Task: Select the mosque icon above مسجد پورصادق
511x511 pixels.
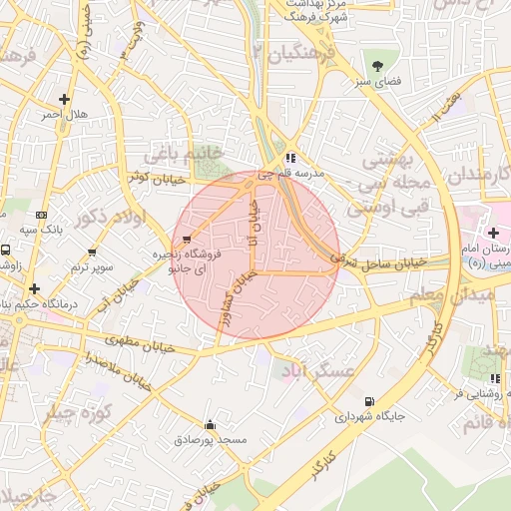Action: (210, 423)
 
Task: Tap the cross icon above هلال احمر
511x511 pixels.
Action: (65, 99)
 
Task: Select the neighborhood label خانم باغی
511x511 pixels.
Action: (180, 155)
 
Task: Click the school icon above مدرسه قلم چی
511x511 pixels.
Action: (289, 158)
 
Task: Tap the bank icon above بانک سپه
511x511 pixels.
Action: (41, 215)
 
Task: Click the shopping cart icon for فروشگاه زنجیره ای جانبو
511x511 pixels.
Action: (187, 239)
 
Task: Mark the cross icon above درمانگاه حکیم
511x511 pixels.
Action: (35, 287)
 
